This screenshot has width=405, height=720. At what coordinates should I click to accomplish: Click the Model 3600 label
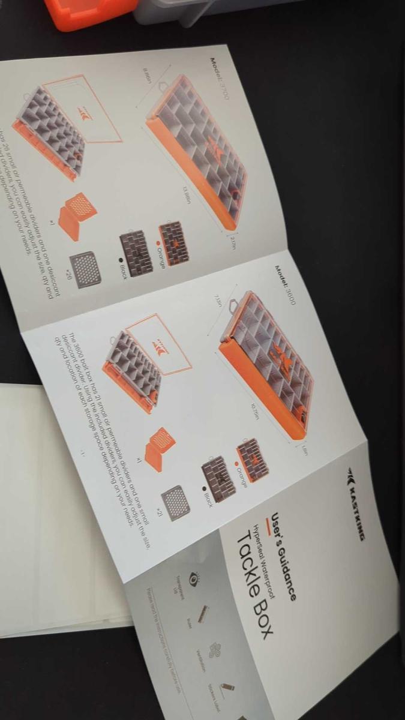click(x=285, y=285)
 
